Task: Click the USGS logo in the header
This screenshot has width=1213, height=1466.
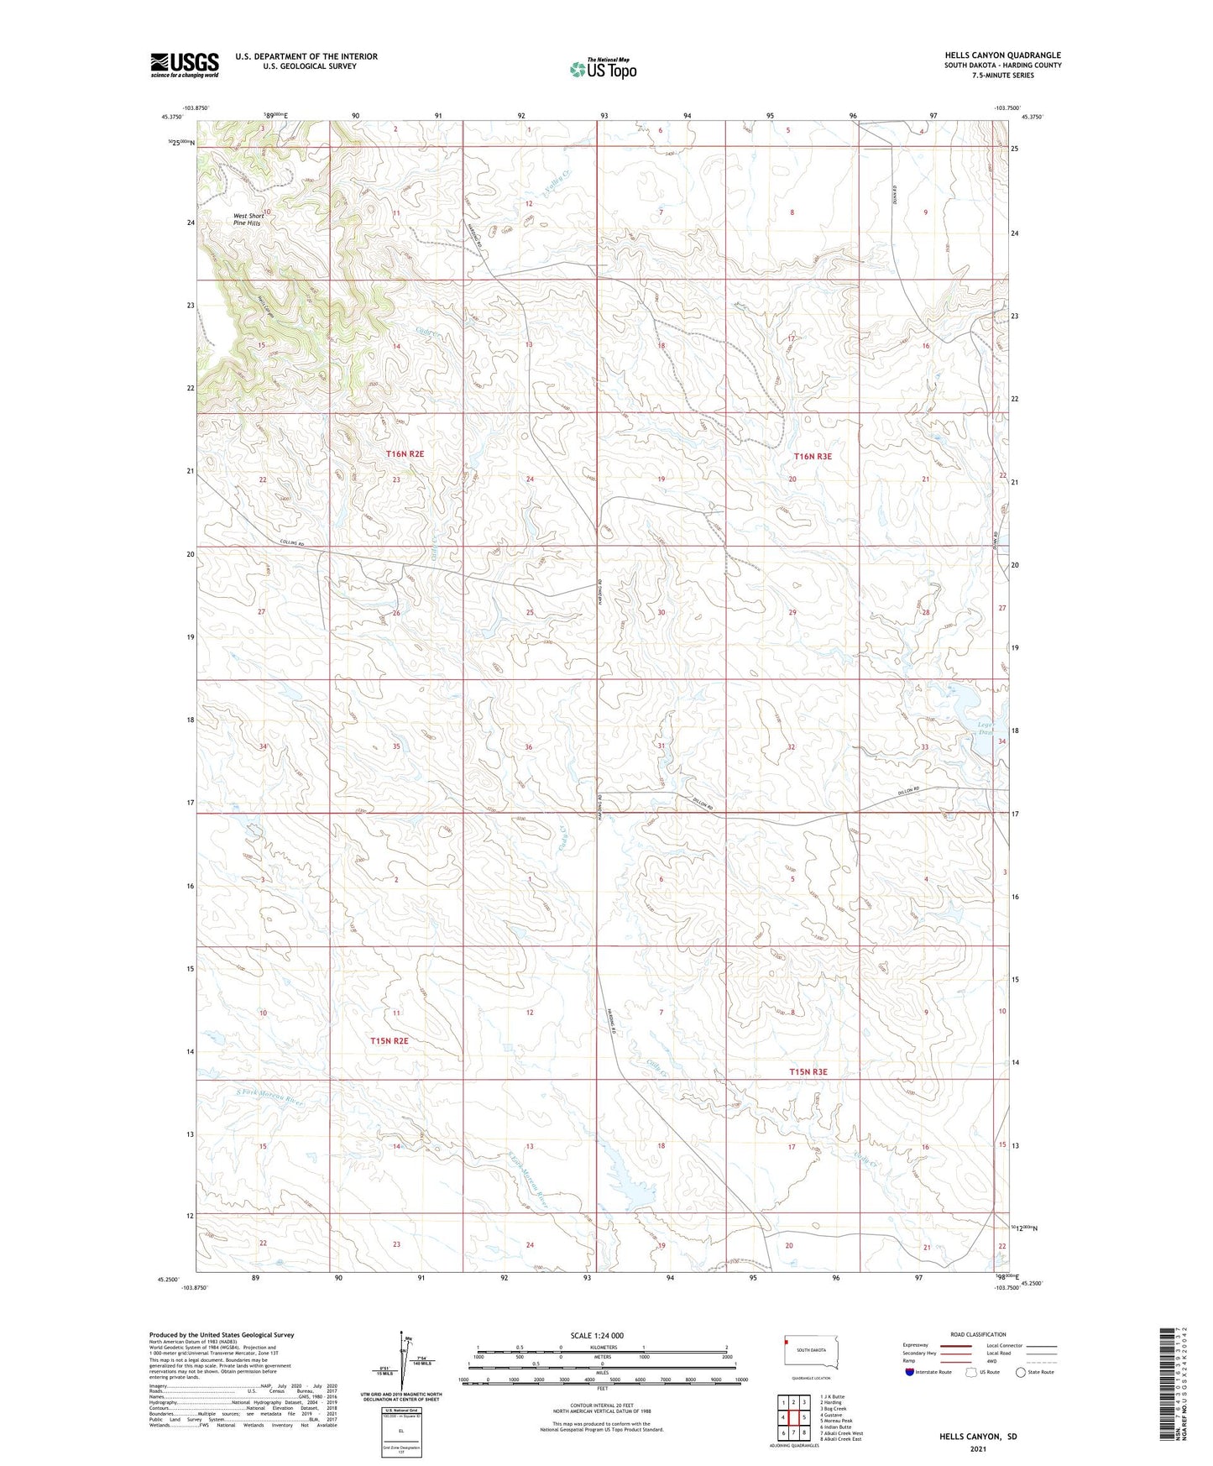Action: pos(184,65)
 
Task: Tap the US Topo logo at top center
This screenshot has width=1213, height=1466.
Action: pos(602,68)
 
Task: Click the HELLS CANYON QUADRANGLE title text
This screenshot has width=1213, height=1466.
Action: pos(1002,55)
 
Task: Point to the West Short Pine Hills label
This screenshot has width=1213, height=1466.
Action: pos(248,219)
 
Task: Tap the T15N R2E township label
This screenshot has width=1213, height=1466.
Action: pos(389,1040)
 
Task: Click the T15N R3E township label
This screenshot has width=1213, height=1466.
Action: pos(808,1072)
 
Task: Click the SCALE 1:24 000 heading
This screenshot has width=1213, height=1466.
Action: pos(596,1335)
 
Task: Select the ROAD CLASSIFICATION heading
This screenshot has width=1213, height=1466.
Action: pos(978,1334)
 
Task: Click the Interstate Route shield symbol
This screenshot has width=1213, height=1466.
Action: pos(910,1372)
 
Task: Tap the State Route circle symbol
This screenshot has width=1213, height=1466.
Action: pos(1021,1372)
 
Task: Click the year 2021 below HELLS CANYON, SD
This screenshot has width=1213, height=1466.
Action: pos(977,1450)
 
